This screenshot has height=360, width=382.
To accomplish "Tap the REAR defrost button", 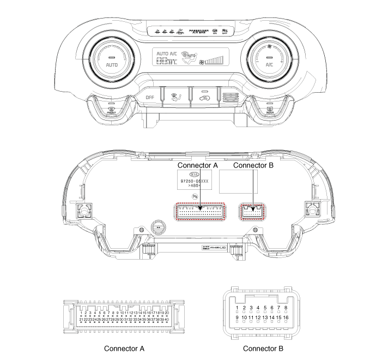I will point(269,109).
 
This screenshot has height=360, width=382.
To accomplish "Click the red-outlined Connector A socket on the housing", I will point(200,211).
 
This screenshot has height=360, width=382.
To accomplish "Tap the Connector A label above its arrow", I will point(199,164).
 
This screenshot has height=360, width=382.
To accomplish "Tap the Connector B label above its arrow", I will point(253,164).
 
